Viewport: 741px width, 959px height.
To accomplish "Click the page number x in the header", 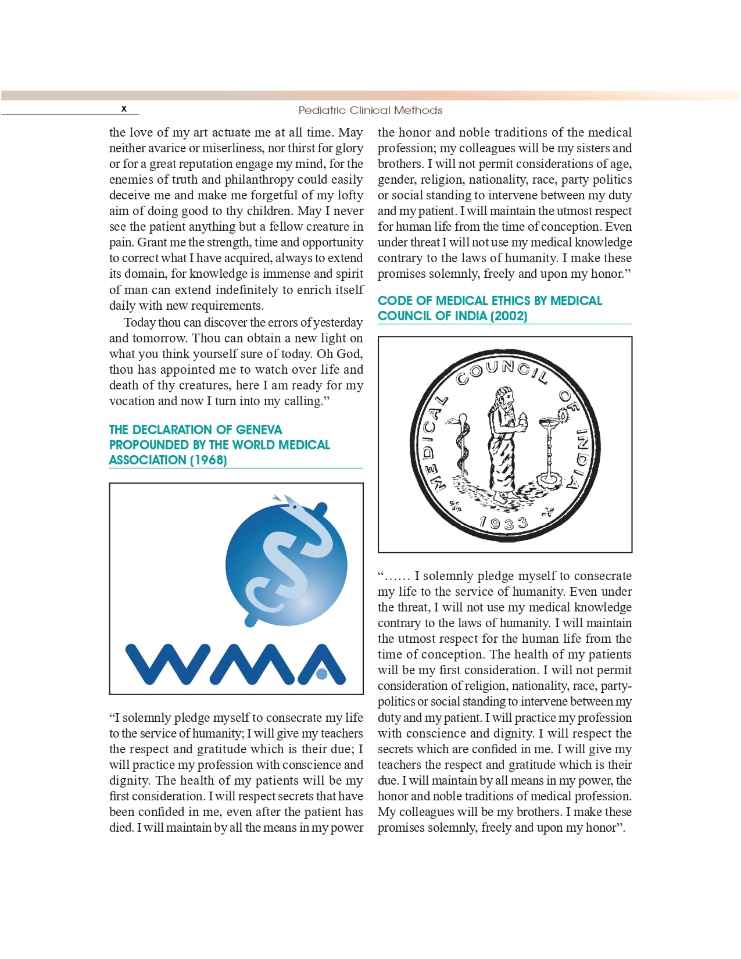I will click(124, 109).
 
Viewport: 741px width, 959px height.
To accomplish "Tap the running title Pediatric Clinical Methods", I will click(370, 110).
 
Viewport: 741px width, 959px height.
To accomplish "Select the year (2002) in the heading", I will click(509, 316).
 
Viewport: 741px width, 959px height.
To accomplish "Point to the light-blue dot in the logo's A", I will click(321, 674).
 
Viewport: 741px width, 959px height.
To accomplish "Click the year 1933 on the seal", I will click(503, 523).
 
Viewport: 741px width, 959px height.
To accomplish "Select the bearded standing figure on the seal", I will click(504, 442).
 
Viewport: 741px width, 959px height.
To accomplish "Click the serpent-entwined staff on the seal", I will click(462, 445).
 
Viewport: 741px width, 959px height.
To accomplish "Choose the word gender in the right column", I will click(397, 180).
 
